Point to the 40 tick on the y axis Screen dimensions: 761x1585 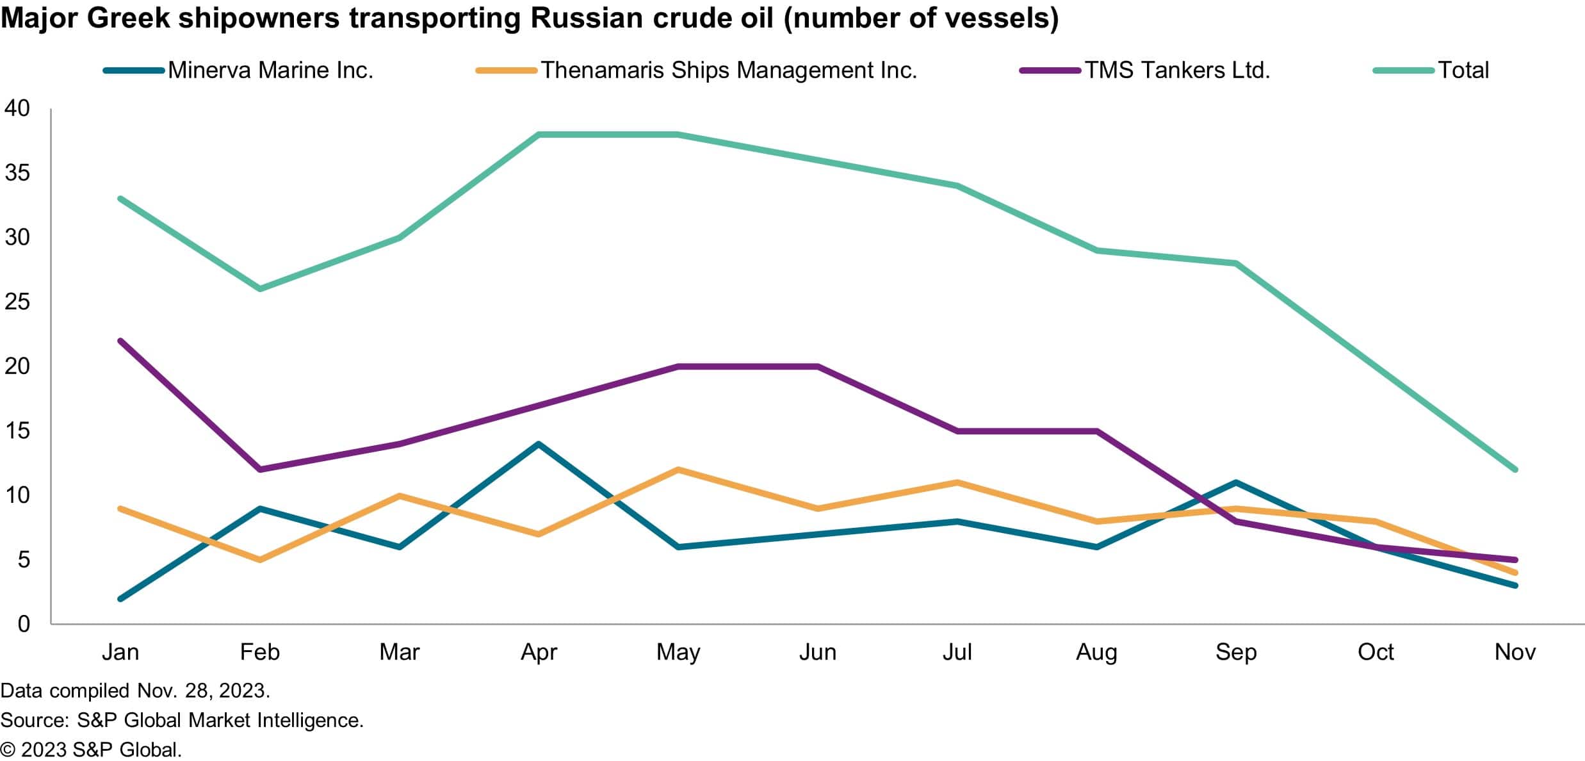(17, 108)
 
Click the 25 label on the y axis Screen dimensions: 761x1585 (17, 302)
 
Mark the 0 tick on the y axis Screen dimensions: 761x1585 (24, 624)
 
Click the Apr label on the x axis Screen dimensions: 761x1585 (539, 652)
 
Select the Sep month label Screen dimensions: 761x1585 (1236, 652)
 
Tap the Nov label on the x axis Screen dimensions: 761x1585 (1515, 652)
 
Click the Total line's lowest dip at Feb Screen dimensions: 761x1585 (260, 289)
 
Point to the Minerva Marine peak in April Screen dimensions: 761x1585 (539, 443)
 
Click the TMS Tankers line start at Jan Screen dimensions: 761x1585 (120, 341)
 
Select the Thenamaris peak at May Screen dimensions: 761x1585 (678, 470)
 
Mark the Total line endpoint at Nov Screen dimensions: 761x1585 (1515, 470)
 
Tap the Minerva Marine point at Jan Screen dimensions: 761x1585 (120, 599)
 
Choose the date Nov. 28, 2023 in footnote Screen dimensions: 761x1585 (204, 691)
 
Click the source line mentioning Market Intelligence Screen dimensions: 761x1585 (181, 720)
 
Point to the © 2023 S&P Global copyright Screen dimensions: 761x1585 (91, 750)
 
